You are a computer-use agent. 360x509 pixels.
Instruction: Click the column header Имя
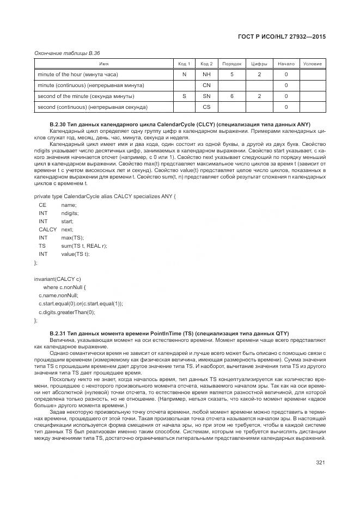[103, 64]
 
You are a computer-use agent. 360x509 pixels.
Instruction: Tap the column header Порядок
[231, 64]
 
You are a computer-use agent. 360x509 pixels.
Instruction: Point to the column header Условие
[312, 64]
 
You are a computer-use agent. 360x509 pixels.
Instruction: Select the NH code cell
[206, 74]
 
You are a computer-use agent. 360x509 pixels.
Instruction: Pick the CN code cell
[206, 85]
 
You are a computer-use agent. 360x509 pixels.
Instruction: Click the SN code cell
[206, 96]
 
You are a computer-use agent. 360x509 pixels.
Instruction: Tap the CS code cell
[206, 107]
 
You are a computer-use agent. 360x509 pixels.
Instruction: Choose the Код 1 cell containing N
[184, 74]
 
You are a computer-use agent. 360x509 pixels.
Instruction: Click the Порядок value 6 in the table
[231, 96]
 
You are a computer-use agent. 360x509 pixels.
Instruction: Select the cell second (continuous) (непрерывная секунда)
[91, 107]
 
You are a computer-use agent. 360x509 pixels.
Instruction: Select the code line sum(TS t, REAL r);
[84, 246]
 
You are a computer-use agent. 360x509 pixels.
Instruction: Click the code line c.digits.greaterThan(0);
[66, 312]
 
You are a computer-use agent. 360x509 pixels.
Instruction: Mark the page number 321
[320, 463]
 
